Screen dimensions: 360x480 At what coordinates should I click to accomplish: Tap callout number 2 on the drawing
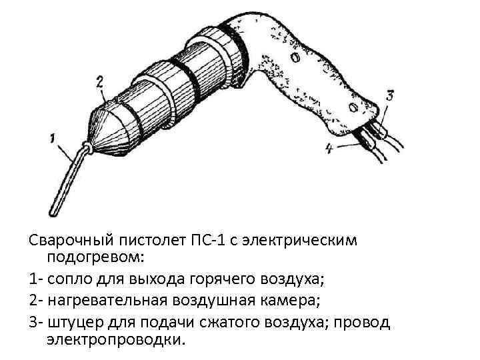pos(99,82)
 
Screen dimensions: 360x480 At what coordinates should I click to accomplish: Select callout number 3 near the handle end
pos(390,95)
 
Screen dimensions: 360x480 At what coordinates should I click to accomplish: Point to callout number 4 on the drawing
pos(329,149)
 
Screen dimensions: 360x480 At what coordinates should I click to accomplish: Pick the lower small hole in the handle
pos(349,106)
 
